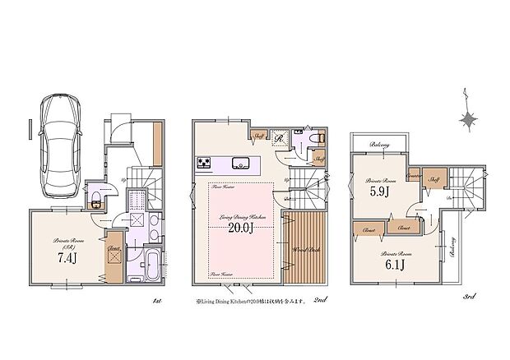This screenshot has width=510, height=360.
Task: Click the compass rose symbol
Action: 469,120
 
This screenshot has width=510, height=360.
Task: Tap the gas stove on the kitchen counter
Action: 204,161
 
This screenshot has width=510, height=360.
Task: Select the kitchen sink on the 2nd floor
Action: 240,161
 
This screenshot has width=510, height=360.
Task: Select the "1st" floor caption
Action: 155,301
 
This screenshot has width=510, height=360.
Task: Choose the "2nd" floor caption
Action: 320,301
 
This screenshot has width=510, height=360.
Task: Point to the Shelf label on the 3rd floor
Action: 433,178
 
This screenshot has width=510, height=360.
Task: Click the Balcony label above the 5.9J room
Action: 379,145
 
